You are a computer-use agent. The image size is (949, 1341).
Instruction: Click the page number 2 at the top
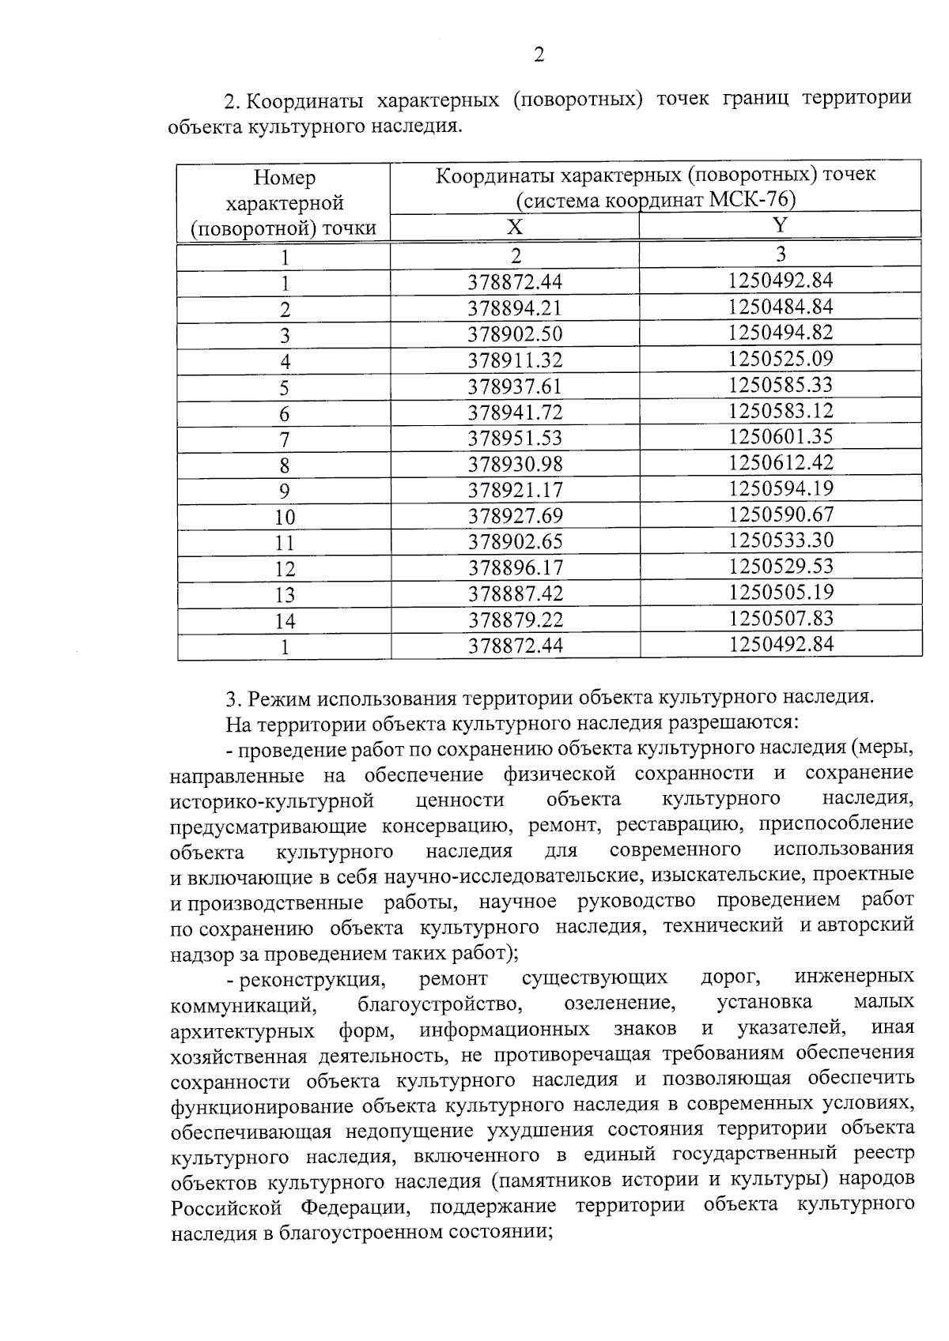pyautogui.click(x=539, y=55)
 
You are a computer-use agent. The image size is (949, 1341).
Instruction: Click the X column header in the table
pyautogui.click(x=515, y=228)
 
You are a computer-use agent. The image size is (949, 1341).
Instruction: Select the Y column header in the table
pyautogui.click(x=780, y=225)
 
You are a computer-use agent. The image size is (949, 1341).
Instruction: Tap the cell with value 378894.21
pyautogui.click(x=515, y=308)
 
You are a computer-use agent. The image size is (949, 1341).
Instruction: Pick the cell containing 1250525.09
pyautogui.click(x=781, y=359)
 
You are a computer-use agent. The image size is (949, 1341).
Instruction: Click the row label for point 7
pyautogui.click(x=285, y=440)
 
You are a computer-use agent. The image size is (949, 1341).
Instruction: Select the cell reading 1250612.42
pyautogui.click(x=781, y=462)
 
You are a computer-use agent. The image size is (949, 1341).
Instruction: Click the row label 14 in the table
pyautogui.click(x=285, y=622)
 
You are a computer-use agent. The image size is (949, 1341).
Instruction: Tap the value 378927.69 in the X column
pyautogui.click(x=515, y=516)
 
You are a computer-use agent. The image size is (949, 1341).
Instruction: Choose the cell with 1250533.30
pyautogui.click(x=781, y=541)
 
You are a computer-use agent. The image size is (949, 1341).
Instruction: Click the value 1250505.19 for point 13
pyautogui.click(x=781, y=592)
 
